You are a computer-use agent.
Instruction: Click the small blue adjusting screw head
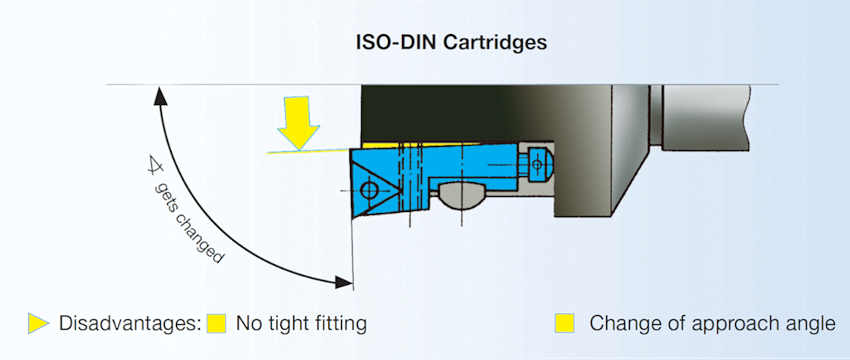pos(538,162)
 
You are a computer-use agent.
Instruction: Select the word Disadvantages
pos(129,324)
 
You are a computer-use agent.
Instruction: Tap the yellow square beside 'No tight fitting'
pos(216,324)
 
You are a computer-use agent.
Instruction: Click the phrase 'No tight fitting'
pos(302,324)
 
